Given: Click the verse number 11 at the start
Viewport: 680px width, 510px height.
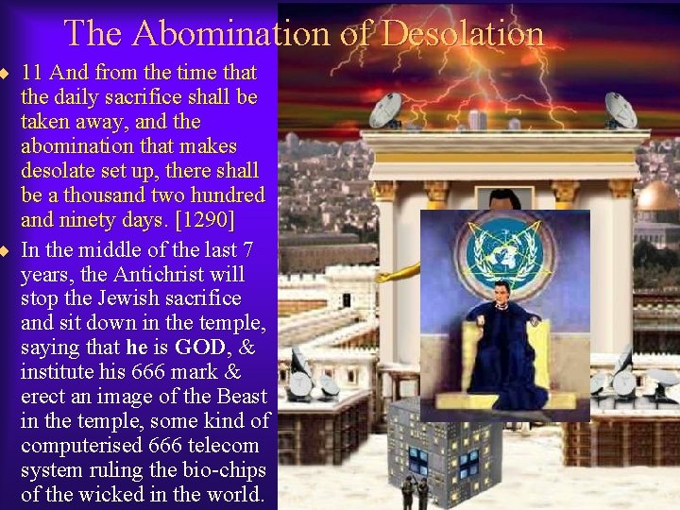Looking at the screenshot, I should tap(31, 73).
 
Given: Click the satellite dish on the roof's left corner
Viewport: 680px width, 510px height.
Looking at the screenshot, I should tap(384, 110).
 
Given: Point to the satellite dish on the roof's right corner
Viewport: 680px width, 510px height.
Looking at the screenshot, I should tap(621, 110).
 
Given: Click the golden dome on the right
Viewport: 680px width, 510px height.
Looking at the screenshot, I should tap(658, 196).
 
